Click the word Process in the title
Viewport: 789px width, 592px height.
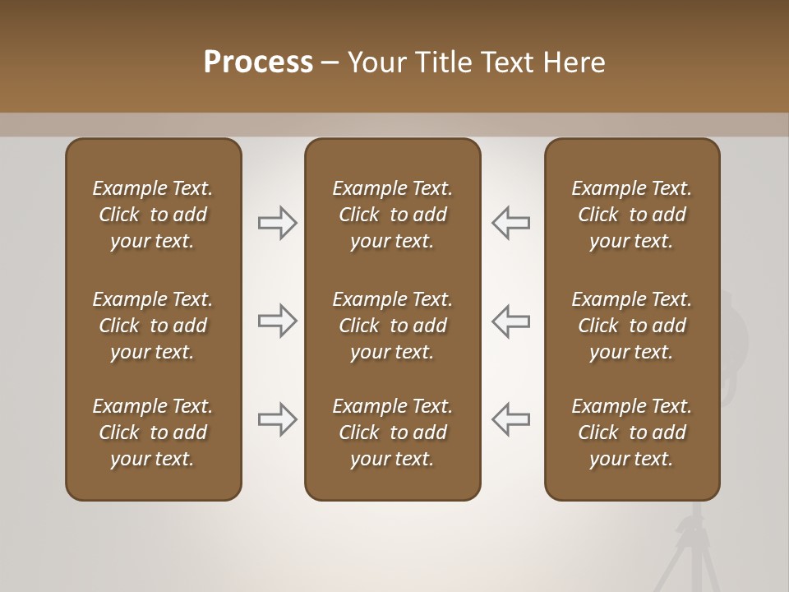tap(258, 62)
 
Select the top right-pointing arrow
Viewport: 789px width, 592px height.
tap(277, 223)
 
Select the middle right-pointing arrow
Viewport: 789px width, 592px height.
tap(277, 321)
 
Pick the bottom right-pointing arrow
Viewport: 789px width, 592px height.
tap(277, 419)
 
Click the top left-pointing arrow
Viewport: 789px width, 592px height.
tap(511, 223)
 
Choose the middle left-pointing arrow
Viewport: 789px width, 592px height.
tap(511, 321)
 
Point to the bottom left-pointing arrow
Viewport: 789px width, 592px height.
tap(511, 419)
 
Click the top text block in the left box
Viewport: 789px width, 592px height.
tap(153, 215)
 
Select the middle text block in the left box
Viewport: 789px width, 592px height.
tap(153, 326)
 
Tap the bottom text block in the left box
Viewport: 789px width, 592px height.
tap(153, 432)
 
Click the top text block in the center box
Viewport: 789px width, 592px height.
tap(393, 215)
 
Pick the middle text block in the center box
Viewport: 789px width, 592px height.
tap(393, 326)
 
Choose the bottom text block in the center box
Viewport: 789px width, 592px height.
tap(393, 432)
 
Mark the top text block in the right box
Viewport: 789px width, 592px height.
tap(632, 215)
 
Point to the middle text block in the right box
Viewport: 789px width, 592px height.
tap(632, 326)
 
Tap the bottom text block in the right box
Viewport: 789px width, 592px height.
tap(632, 432)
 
